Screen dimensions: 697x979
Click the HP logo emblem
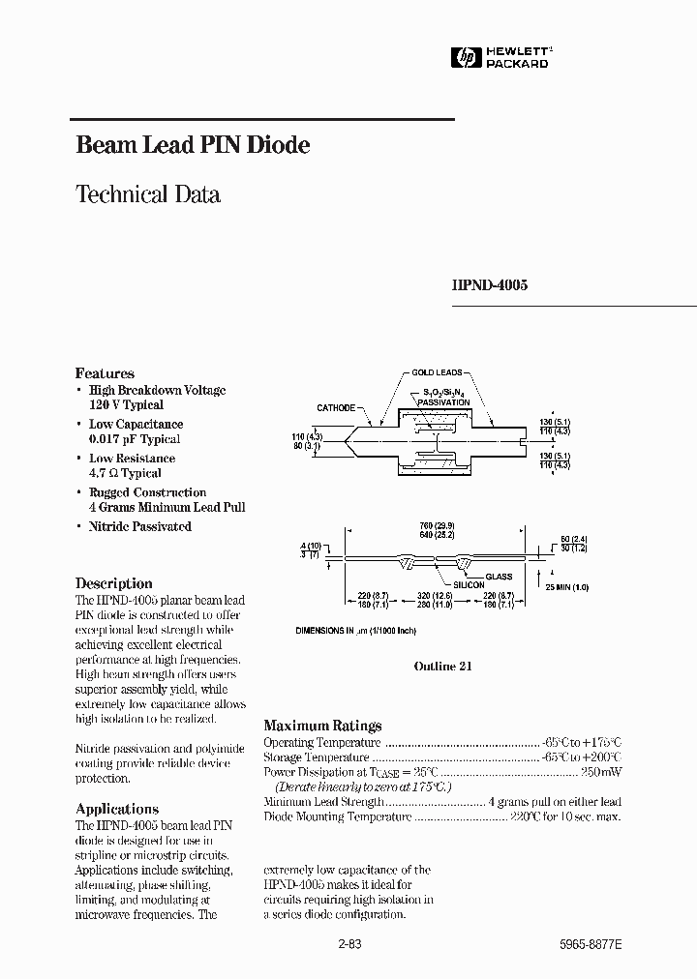(x=466, y=58)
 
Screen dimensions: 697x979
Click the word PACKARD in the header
(x=516, y=64)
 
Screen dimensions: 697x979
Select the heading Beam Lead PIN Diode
(x=193, y=146)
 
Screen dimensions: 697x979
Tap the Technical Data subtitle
(x=148, y=194)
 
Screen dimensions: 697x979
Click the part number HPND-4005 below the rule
(x=490, y=285)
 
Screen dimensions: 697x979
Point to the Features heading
(x=105, y=373)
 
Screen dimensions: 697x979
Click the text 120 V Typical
(x=126, y=405)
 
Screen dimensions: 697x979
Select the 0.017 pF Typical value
(x=134, y=439)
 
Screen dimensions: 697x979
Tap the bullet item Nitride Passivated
(x=139, y=526)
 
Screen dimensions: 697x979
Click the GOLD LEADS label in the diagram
(x=437, y=371)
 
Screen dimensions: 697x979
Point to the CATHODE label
(x=336, y=408)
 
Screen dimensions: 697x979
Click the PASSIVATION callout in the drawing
(x=444, y=401)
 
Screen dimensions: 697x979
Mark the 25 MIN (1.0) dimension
(x=566, y=587)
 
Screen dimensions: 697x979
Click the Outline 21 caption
(x=442, y=667)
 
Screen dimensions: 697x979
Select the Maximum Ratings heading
(x=322, y=726)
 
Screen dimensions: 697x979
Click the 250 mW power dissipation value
(x=602, y=773)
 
